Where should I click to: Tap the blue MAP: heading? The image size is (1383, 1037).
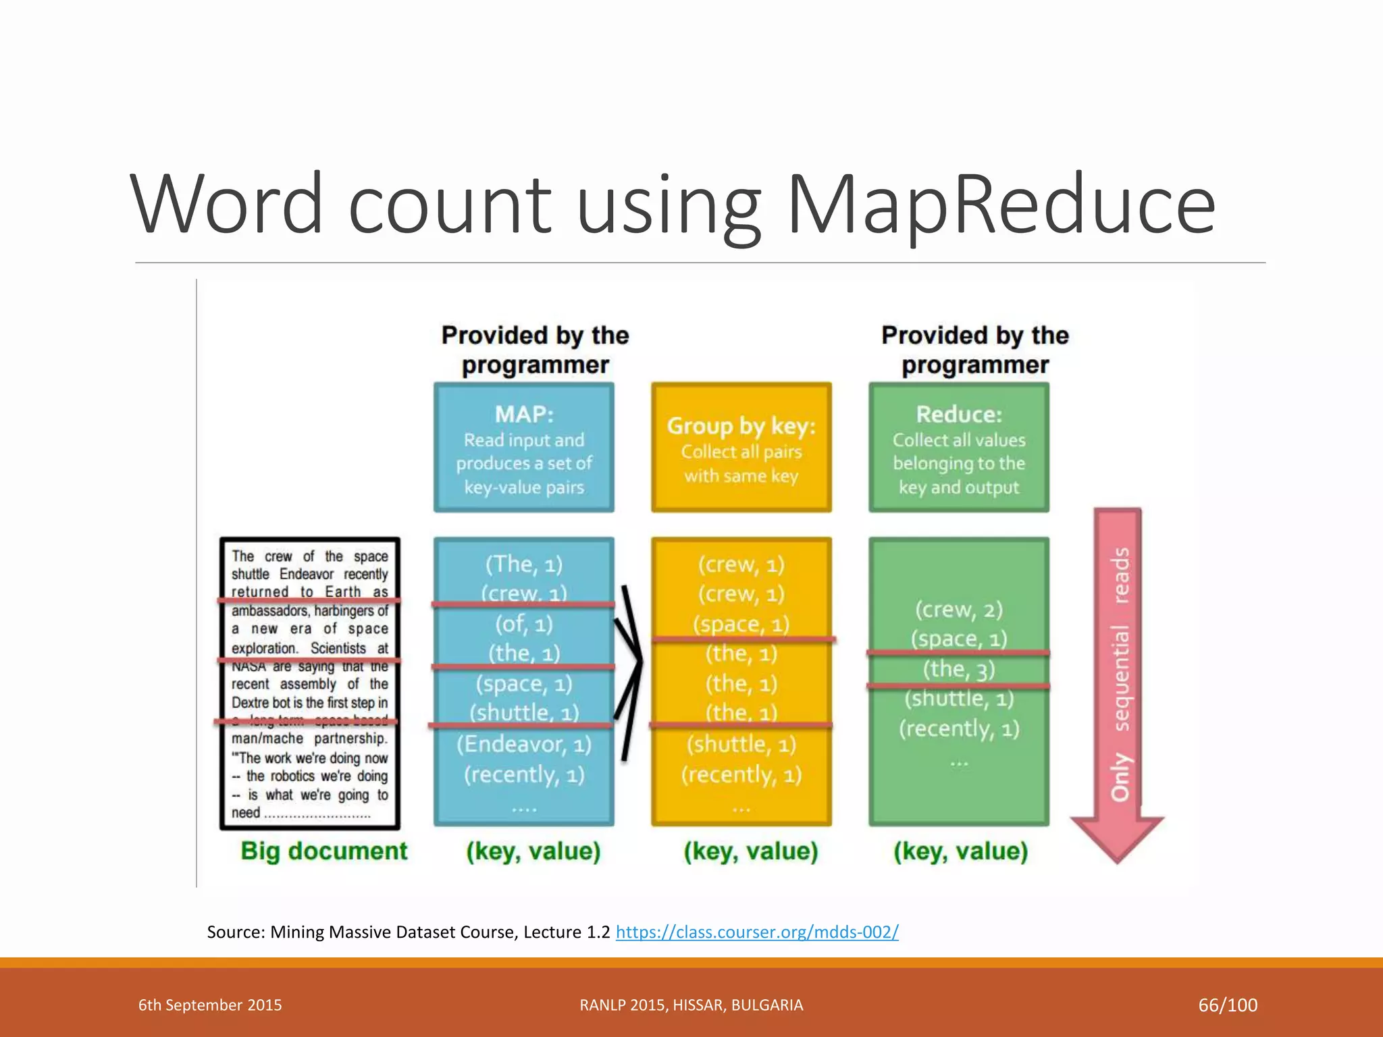pos(524,414)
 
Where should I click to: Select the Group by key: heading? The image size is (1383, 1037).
pos(741,426)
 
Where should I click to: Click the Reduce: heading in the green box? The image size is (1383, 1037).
pos(959,414)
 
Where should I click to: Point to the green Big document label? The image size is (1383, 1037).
pos(324,851)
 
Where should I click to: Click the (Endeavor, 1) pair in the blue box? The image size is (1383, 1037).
pos(524,744)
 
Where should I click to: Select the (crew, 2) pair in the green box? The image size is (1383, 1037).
pos(959,610)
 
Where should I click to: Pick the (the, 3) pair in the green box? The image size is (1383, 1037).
pos(959,669)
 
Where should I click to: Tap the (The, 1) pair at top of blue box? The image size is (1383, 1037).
pos(524,564)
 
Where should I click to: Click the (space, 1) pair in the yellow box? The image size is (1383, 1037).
pos(741,624)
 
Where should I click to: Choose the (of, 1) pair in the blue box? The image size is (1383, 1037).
pos(524,624)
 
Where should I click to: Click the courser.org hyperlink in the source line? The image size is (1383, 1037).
pos(757,932)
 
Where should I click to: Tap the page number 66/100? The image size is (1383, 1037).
pos(1228,1005)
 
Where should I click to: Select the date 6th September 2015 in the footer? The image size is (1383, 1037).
pos(210,1005)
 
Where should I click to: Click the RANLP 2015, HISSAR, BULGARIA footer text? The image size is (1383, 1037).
pos(691,1005)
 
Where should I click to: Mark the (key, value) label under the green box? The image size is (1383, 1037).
pos(961,851)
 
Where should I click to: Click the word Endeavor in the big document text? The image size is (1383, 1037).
pos(307,575)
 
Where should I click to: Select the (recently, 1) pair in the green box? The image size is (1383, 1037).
pos(959,728)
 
